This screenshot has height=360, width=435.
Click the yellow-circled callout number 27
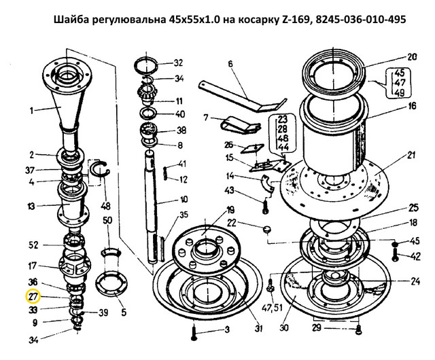click(33, 297)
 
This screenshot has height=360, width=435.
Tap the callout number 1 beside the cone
click(32, 111)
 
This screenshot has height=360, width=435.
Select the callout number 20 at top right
click(412, 57)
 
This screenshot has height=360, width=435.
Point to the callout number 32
click(178, 63)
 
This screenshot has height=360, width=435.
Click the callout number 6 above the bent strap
click(230, 64)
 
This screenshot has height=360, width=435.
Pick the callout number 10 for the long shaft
click(184, 199)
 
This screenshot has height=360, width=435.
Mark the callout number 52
click(33, 245)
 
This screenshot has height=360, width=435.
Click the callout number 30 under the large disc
click(284, 328)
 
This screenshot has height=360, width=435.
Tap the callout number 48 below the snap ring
click(106, 206)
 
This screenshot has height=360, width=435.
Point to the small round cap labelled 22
click(266, 229)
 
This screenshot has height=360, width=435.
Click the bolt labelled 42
click(396, 255)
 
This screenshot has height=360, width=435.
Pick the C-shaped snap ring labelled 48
click(100, 173)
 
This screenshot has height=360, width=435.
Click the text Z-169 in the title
click(294, 20)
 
